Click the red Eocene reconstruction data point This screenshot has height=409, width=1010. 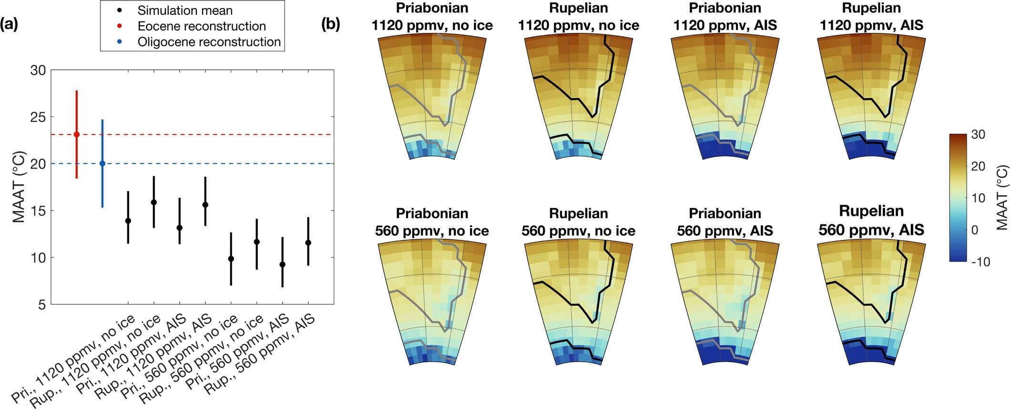click(76, 135)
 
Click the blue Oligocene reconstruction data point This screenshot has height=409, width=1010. click(102, 164)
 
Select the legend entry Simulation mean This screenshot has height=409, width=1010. click(184, 10)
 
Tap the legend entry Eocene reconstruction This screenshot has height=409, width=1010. click(201, 26)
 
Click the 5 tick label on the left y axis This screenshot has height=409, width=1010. click(42, 304)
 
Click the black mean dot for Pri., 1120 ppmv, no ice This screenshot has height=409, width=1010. click(128, 221)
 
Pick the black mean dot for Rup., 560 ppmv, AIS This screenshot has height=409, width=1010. click(308, 243)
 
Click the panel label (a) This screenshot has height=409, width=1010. click(9, 24)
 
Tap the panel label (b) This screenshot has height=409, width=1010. click(330, 24)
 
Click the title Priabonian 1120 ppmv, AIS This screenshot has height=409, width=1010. click(724, 17)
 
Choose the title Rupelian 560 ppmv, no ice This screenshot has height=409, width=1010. click(578, 222)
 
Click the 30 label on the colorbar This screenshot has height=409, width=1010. click(978, 135)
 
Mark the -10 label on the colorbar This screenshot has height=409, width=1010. click(980, 262)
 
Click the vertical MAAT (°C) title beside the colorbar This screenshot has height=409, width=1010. click(1001, 198)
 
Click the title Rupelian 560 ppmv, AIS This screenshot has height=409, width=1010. click(871, 220)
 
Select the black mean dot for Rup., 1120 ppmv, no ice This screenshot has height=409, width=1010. click(153, 202)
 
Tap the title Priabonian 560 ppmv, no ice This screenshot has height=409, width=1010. click(432, 222)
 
